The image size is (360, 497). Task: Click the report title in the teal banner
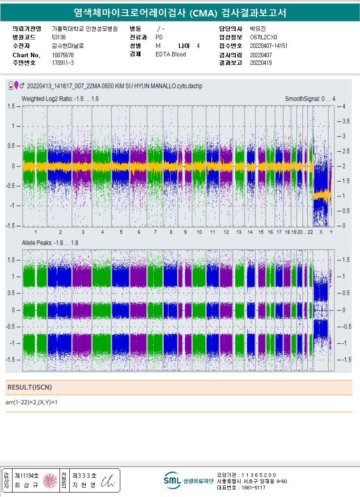coord(180,13)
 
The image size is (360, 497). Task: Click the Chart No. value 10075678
coord(63,55)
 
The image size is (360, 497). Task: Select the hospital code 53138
coord(59,37)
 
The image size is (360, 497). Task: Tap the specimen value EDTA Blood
coord(171,54)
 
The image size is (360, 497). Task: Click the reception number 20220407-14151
coord(268,46)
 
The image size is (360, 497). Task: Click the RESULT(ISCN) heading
coord(26,387)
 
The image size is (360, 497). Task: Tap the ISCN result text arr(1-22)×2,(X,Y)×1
coord(32,403)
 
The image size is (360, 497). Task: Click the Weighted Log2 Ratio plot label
coord(60,98)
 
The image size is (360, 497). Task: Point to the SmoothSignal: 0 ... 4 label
coord(310,98)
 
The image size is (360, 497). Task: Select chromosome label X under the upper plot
coord(321,233)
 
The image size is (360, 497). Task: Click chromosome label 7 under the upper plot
coord(155,233)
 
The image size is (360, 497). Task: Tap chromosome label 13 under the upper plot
coord(239,233)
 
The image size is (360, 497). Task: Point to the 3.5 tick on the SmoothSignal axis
coord(346,121)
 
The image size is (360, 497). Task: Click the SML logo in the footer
coord(172,480)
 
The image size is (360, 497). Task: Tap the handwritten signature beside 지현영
coord(108,481)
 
